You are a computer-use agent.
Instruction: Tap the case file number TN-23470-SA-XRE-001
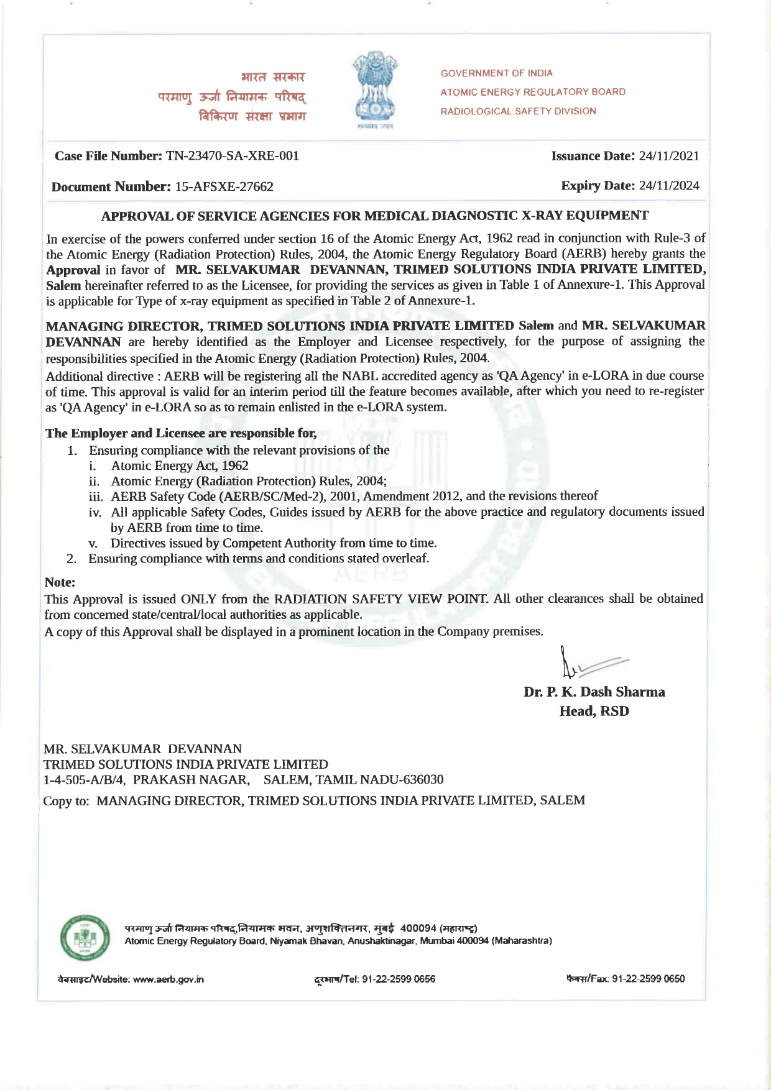[x=233, y=156]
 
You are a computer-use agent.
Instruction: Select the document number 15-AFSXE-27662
[x=224, y=186]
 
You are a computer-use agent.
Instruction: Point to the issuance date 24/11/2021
[x=668, y=156]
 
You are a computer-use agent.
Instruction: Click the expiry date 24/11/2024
[x=668, y=186]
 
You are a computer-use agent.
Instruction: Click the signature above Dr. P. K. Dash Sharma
[x=591, y=664]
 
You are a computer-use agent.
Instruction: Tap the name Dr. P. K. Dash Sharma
[x=594, y=692]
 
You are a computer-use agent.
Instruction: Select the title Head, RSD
[x=594, y=712]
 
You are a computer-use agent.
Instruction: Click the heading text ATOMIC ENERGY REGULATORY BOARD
[x=533, y=92]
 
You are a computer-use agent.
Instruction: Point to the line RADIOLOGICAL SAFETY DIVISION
[x=518, y=111]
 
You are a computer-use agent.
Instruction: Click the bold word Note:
[x=60, y=582]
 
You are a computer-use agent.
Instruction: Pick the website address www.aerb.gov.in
[x=169, y=979]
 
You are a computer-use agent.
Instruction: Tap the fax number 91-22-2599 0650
[x=649, y=979]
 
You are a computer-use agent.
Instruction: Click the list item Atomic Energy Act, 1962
[x=180, y=466]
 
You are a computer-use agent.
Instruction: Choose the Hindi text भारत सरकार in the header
[x=273, y=78]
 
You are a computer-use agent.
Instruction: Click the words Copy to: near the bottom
[x=66, y=801]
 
